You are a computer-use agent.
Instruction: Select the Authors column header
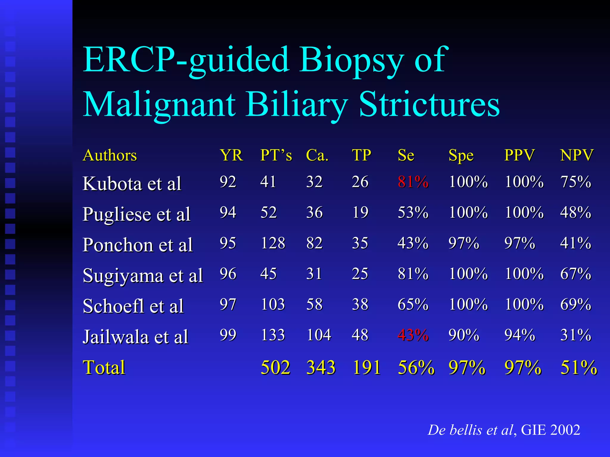coord(110,155)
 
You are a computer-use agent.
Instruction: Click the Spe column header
coord(461,156)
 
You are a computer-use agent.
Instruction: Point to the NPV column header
coord(577,155)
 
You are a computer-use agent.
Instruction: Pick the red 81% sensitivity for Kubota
coord(413,182)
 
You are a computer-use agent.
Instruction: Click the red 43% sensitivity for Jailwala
coord(413,335)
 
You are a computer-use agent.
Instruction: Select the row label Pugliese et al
coord(136,214)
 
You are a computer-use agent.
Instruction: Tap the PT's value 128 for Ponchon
coord(273,243)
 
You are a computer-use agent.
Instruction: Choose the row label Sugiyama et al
coord(143,276)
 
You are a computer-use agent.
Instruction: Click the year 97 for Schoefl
coord(228,304)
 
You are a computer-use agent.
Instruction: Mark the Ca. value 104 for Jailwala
coord(318,335)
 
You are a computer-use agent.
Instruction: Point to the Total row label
coord(104,367)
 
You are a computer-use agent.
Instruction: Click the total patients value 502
coord(275,367)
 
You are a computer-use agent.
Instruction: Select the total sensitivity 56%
coord(416,367)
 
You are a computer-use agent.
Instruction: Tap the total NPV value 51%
coord(578,367)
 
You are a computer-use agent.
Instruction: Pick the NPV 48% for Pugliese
coord(575,212)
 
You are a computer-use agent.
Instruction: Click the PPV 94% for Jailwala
coord(519,335)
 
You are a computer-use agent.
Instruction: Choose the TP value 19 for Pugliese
coord(360,212)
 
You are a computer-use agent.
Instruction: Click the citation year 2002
coord(565,430)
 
